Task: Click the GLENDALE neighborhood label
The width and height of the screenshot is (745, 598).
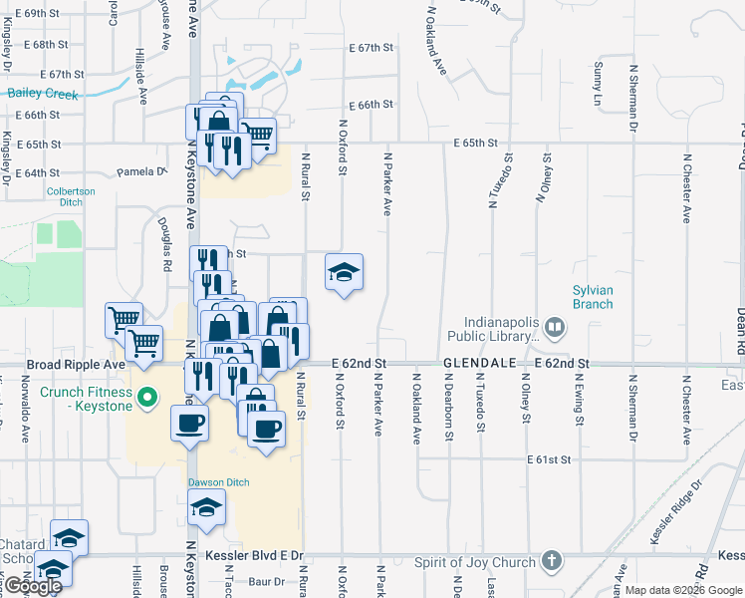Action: coord(479,364)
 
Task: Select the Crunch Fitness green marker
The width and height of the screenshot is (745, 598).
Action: coord(148,400)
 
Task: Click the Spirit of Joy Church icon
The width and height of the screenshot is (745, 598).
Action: coord(554,562)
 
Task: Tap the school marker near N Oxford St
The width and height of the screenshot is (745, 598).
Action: coord(344,272)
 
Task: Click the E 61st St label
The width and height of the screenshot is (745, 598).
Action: coord(549,459)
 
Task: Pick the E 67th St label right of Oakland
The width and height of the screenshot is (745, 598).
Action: coord(372,47)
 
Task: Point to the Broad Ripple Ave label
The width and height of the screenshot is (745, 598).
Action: coord(76,365)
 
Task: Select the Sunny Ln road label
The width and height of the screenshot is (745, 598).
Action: coord(599,84)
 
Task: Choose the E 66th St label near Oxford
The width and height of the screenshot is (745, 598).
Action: coord(372,105)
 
